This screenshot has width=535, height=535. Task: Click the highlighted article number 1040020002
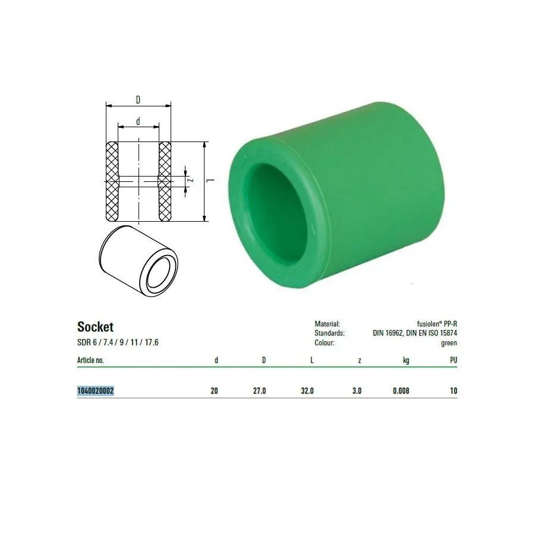coord(95,391)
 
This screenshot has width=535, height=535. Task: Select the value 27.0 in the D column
coord(259,391)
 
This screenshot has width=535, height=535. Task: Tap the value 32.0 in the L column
coord(307,391)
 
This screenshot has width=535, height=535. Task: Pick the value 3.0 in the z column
coord(357,391)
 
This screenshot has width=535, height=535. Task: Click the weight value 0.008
coord(401,391)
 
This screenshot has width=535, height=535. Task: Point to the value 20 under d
coord(214,391)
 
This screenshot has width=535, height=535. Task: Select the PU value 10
coord(454,391)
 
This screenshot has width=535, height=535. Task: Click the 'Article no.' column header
coord(90,360)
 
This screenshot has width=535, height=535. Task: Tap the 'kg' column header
coord(406,360)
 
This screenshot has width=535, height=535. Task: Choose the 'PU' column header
coord(454,360)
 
